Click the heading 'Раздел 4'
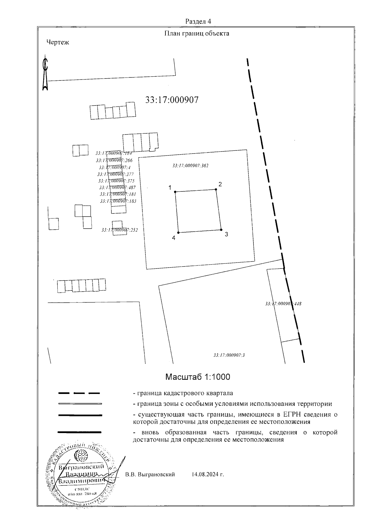click(x=198, y=22)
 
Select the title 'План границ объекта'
click(x=197, y=33)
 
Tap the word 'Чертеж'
click(x=58, y=42)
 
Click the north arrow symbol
click(x=46, y=74)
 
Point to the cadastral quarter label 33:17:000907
click(x=172, y=100)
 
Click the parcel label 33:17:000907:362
click(x=191, y=166)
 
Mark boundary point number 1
click(x=175, y=191)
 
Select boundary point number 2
click(x=216, y=189)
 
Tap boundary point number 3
click(x=221, y=229)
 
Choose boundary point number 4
click(x=178, y=232)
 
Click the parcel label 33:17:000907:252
click(x=120, y=230)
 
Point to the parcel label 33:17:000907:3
click(x=229, y=355)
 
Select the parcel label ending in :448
click(x=283, y=304)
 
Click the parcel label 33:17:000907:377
click(x=116, y=174)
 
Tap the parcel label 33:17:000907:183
click(x=118, y=201)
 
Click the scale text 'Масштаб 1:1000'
click(x=197, y=377)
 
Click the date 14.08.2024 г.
click(x=208, y=475)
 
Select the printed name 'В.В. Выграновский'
click(x=150, y=475)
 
